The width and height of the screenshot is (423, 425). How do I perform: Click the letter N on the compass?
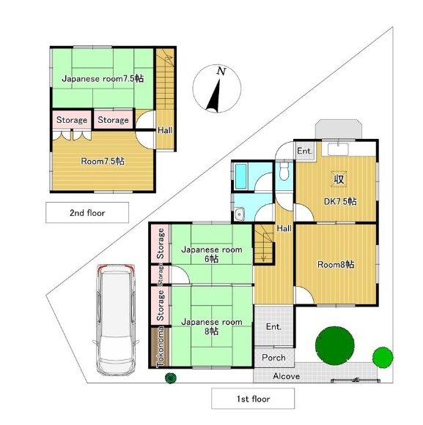tap(221, 71)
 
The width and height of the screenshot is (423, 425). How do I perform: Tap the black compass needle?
tap(214, 97)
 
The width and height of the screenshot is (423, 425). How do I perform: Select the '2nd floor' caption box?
tap(87, 213)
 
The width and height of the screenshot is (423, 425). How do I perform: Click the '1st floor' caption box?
tap(253, 399)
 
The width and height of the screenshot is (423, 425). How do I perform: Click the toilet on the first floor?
tap(284, 171)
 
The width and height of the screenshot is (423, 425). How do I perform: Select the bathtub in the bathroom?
tap(240, 176)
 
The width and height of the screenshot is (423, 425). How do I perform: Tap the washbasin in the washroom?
tap(239, 214)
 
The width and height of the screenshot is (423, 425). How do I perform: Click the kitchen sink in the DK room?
tap(338, 149)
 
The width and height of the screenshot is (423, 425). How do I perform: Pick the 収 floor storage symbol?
tap(339, 179)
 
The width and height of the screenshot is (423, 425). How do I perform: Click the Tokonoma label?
tap(161, 347)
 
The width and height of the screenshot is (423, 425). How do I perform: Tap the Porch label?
tap(273, 358)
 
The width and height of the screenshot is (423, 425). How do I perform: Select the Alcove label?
tap(287, 376)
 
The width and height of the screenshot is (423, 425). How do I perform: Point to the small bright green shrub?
tap(383, 357)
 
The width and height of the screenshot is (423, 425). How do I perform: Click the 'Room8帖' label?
tap(336, 265)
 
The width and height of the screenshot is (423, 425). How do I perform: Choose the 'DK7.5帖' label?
tap(340, 202)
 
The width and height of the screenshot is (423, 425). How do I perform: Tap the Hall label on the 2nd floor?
tap(165, 130)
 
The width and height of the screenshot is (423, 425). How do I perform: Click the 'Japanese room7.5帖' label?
tap(103, 79)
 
